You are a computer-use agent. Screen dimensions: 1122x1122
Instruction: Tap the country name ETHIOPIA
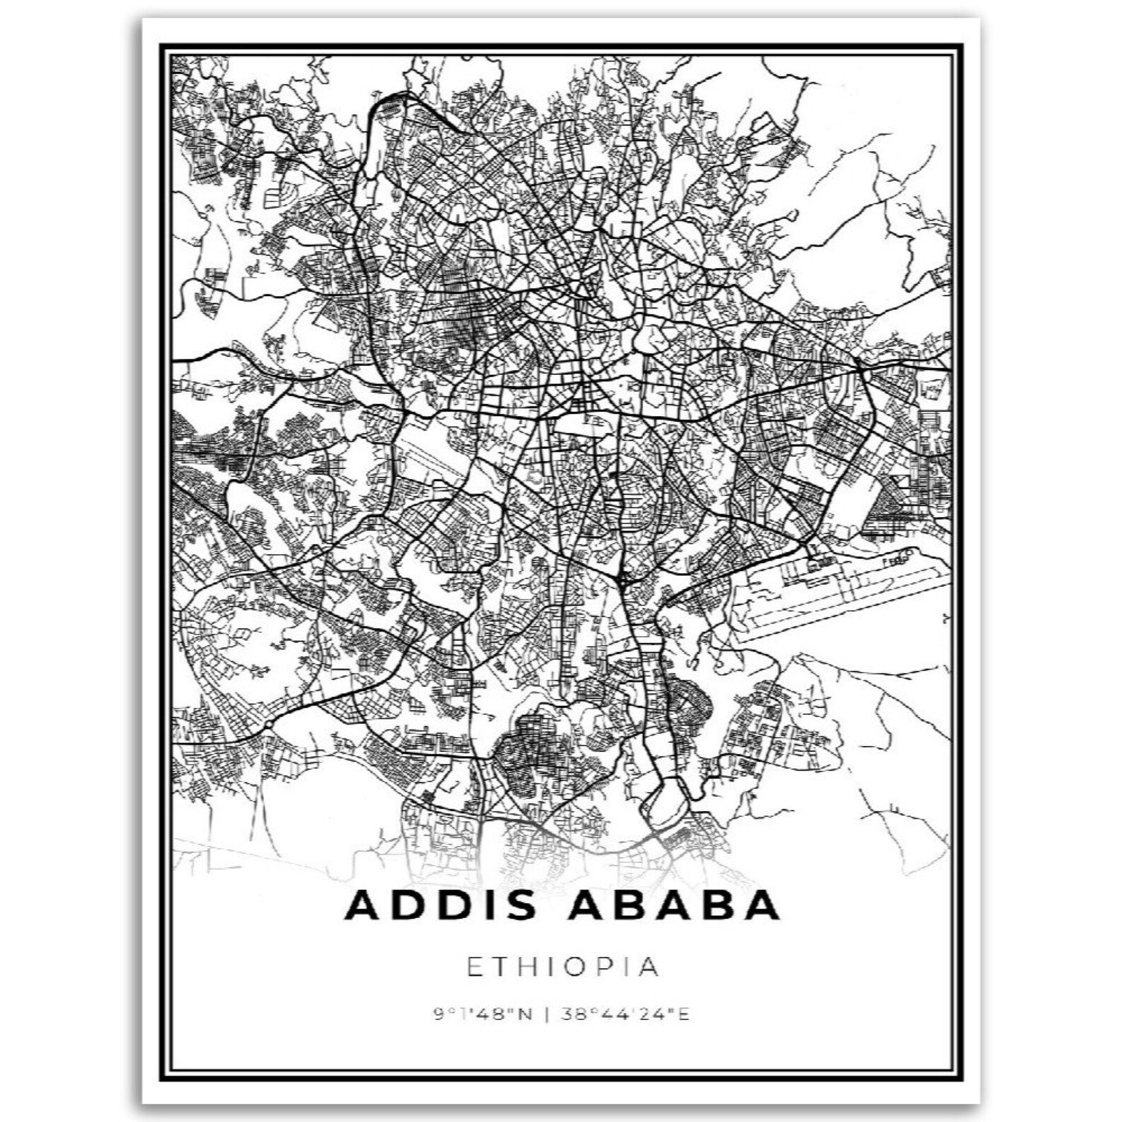(x=562, y=967)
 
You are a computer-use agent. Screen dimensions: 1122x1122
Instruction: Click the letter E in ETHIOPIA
(x=475, y=967)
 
